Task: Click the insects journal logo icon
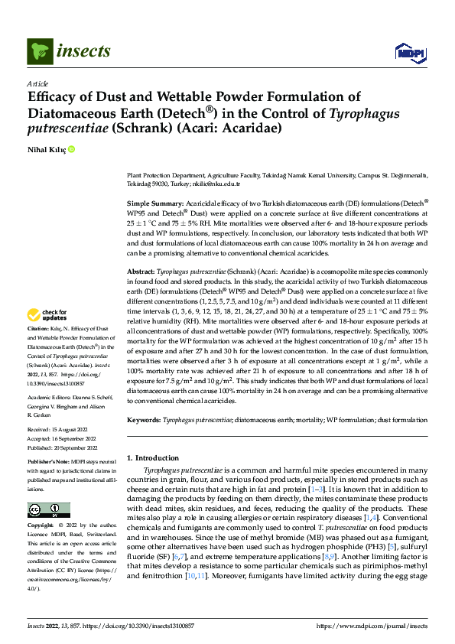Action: [x=37, y=52]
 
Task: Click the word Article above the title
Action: [x=37, y=83]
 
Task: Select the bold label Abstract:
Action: [x=140, y=272]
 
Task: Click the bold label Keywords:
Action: [x=144, y=420]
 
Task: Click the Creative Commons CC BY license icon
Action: [x=48, y=510]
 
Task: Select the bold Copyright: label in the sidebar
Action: [x=41, y=526]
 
